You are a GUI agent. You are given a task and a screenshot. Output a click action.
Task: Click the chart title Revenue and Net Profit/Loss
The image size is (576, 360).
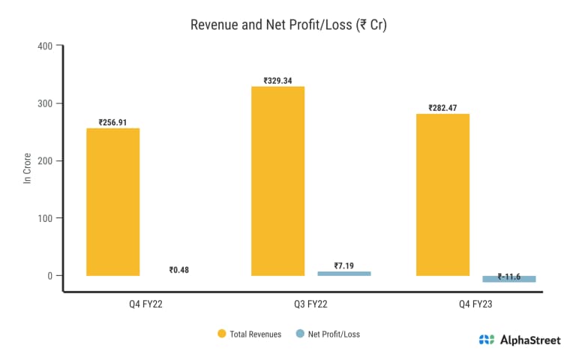coord(288,24)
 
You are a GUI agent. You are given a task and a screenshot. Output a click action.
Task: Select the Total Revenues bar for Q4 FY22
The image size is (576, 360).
coord(112,202)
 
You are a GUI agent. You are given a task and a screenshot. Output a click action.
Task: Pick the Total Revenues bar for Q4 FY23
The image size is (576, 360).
coord(442,195)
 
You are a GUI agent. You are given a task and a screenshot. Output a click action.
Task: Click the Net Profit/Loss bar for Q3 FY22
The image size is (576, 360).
coord(344,274)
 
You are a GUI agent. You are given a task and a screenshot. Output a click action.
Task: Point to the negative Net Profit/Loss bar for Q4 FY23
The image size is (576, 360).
coord(509,279)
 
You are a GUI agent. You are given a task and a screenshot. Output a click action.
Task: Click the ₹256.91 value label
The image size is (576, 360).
coord(112,122)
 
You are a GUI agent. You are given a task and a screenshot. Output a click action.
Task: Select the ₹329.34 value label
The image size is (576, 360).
coord(277,80)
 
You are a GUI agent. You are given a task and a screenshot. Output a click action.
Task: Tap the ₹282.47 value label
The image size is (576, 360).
coord(442,108)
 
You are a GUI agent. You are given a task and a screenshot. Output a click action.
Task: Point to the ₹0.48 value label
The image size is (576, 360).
coord(178,270)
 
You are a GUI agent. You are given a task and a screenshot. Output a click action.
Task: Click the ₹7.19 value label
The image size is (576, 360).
coord(344,265)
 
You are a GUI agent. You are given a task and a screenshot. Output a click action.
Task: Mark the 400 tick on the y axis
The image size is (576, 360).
coord(46,46)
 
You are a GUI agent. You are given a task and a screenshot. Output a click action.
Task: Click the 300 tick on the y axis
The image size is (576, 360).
coord(46,103)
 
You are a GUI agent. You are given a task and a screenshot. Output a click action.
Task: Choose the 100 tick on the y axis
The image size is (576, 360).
coord(46,218)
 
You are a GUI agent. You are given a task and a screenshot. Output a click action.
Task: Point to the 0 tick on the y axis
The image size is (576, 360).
coord(50,275)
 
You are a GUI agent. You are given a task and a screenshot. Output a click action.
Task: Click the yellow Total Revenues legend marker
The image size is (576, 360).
coord(222,334)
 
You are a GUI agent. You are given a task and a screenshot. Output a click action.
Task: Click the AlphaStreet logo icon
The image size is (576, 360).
coord(487,340)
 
